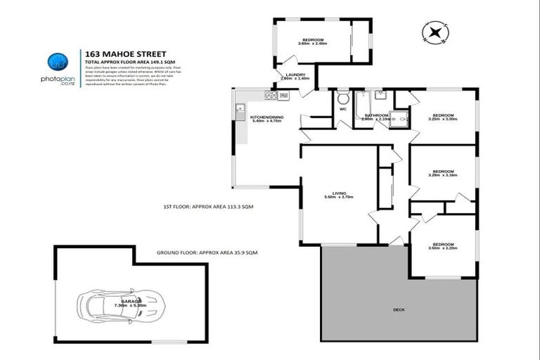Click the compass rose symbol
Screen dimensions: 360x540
(435, 32)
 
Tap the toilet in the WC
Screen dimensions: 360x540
(342, 98)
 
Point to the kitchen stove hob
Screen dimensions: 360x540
(270, 95)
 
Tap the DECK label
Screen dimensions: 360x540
(399, 309)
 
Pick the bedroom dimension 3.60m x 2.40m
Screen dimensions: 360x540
(313, 44)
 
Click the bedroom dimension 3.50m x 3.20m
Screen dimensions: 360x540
(443, 248)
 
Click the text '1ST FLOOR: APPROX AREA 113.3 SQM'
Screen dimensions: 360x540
(208, 207)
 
